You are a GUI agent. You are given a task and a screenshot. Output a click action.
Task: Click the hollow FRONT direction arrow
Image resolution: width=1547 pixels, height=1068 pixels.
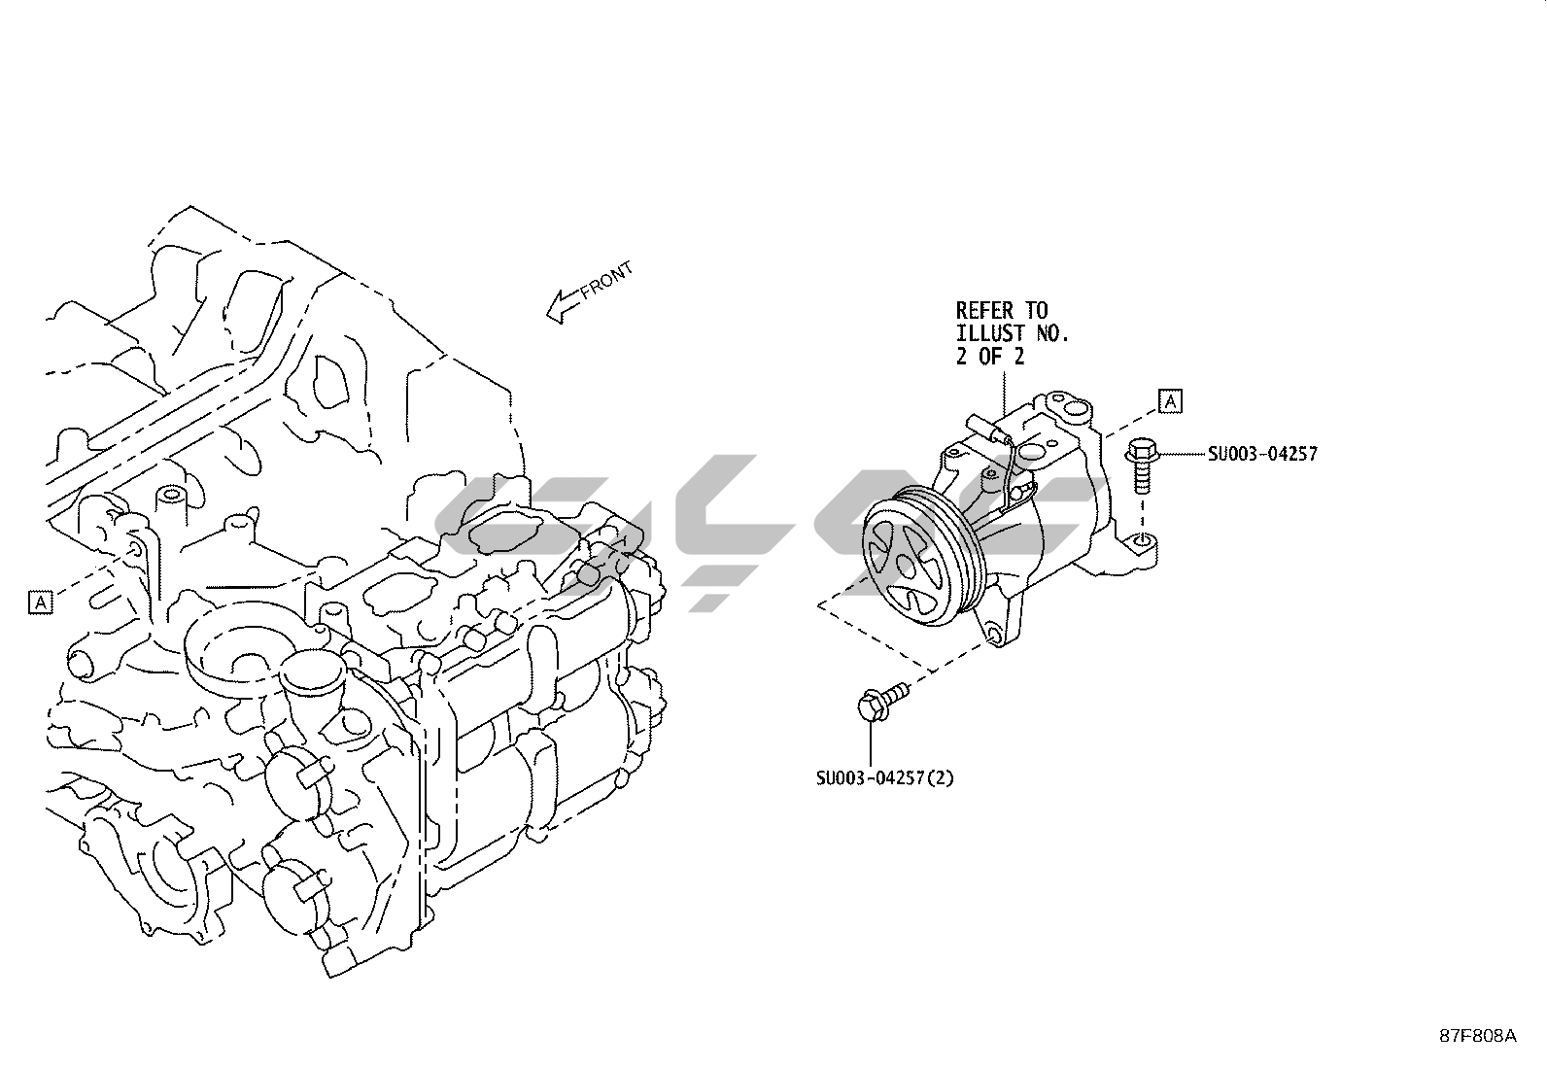click(562, 307)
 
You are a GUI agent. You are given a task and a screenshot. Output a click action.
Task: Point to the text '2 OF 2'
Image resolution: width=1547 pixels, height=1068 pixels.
click(990, 357)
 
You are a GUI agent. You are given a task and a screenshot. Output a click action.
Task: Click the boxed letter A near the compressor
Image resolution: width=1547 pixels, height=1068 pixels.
click(1171, 400)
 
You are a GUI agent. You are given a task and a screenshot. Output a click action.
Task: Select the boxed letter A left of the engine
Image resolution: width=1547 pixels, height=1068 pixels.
click(40, 603)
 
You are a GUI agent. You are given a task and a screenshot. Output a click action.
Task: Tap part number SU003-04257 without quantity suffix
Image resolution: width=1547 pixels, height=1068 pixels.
click(1263, 454)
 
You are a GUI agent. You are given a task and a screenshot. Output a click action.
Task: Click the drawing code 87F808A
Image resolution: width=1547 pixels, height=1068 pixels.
click(1477, 1036)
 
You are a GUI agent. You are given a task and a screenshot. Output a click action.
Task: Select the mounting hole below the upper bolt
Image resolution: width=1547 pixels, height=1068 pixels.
click(1144, 540)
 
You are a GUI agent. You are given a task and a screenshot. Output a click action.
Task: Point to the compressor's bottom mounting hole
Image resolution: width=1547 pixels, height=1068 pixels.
click(992, 637)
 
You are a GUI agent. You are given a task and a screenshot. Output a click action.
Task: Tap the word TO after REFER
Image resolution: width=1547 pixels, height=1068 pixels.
click(1037, 311)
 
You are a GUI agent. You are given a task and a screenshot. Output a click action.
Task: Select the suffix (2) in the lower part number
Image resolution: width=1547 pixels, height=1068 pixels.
click(940, 778)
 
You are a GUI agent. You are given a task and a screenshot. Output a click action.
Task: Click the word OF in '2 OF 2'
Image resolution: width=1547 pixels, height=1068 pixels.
click(990, 357)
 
